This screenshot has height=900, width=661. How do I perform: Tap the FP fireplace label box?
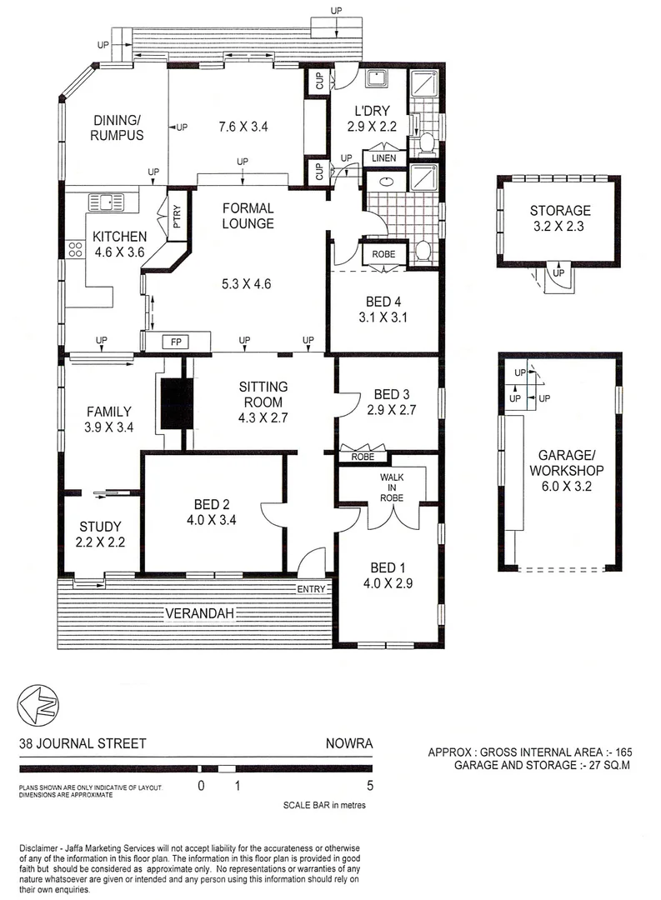(x=175, y=342)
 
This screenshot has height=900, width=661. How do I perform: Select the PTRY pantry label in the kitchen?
(x=177, y=217)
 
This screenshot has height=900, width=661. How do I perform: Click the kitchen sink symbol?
(x=106, y=201)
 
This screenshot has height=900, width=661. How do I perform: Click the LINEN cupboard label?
(x=383, y=157)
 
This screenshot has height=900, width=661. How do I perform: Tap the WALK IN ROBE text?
(x=392, y=487)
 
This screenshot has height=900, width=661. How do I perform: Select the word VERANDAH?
(x=198, y=614)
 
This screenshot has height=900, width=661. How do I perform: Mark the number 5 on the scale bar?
(x=370, y=785)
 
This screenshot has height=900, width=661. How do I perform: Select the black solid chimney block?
(x=177, y=404)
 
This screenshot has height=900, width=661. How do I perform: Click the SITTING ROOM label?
(x=263, y=394)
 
